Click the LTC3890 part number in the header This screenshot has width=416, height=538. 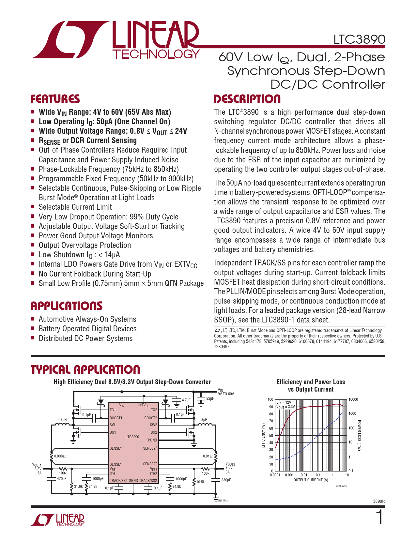click(x=359, y=39)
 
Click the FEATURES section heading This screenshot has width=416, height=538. click(x=55, y=99)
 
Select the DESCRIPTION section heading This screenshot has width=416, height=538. click(x=247, y=99)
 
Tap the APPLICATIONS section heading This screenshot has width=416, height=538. click(x=67, y=306)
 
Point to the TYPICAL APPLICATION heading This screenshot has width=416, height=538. click(x=85, y=369)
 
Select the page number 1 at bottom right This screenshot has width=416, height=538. click(x=379, y=518)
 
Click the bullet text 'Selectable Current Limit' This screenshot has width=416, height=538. click(x=75, y=207)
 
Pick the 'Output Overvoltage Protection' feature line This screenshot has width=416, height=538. click(x=85, y=245)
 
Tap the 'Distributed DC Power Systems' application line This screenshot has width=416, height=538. click(x=85, y=338)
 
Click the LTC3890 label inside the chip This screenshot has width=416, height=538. click(x=132, y=437)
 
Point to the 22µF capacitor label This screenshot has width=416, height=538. click(x=210, y=398)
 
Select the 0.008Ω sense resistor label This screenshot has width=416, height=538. click(x=60, y=456)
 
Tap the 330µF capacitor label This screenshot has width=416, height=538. click(x=226, y=480)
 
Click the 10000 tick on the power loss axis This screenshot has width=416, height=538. click(x=353, y=399)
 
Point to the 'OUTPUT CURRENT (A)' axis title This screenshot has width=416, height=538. click(x=311, y=480)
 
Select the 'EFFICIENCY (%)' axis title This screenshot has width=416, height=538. click(x=263, y=435)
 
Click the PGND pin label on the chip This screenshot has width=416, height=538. click(x=152, y=440)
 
